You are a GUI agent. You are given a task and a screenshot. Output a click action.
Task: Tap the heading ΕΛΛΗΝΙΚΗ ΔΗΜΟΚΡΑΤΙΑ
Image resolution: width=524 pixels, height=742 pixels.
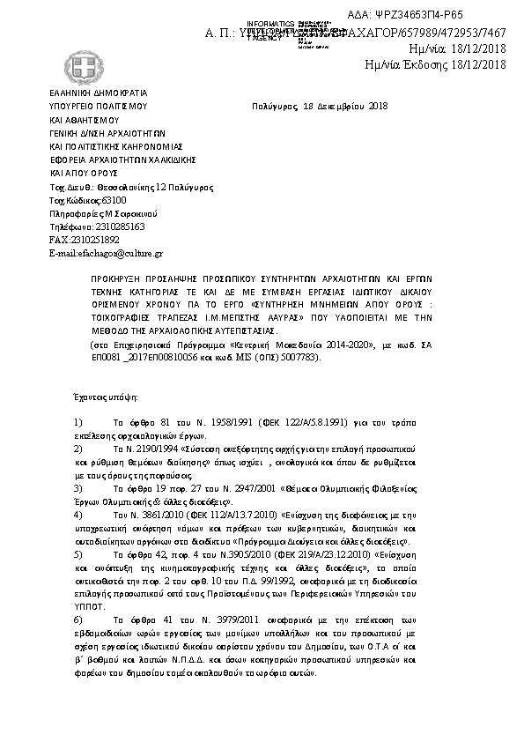(98, 93)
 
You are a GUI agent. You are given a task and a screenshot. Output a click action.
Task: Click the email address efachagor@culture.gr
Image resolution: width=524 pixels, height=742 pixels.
(106, 253)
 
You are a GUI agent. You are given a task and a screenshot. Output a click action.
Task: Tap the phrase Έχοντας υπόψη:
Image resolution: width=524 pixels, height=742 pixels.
(95, 397)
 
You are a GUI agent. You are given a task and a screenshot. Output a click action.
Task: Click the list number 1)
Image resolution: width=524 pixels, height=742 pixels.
(78, 423)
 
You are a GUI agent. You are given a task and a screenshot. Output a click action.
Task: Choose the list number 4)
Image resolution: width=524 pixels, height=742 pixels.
(78, 513)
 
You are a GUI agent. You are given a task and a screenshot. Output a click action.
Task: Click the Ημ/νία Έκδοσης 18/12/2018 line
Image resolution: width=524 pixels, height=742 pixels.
(435, 63)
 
